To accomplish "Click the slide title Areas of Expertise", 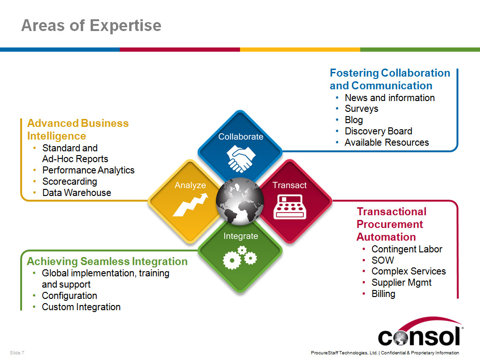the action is [x=91, y=25].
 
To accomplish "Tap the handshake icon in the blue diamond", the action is [x=240, y=158].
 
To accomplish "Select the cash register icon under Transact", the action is [x=290, y=207].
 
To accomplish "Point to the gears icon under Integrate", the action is [x=240, y=258].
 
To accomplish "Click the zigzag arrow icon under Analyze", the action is [x=190, y=204].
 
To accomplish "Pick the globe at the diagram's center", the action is [x=240, y=201].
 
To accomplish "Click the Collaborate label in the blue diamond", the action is [x=240, y=137].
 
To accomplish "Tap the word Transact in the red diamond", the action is [x=290, y=185].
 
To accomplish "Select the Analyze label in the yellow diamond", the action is [x=190, y=185].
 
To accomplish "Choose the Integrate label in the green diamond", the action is [x=240, y=236].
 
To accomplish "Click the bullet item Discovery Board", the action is [x=379, y=131].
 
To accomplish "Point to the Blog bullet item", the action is [x=354, y=120].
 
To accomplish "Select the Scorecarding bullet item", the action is [x=70, y=181].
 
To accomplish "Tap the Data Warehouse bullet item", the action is [x=77, y=193].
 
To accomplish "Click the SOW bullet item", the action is [x=383, y=260].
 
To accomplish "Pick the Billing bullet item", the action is [x=383, y=294].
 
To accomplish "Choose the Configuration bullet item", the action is [x=70, y=296].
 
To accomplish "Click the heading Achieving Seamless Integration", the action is [x=107, y=261].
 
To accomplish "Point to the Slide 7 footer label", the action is [x=17, y=352].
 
